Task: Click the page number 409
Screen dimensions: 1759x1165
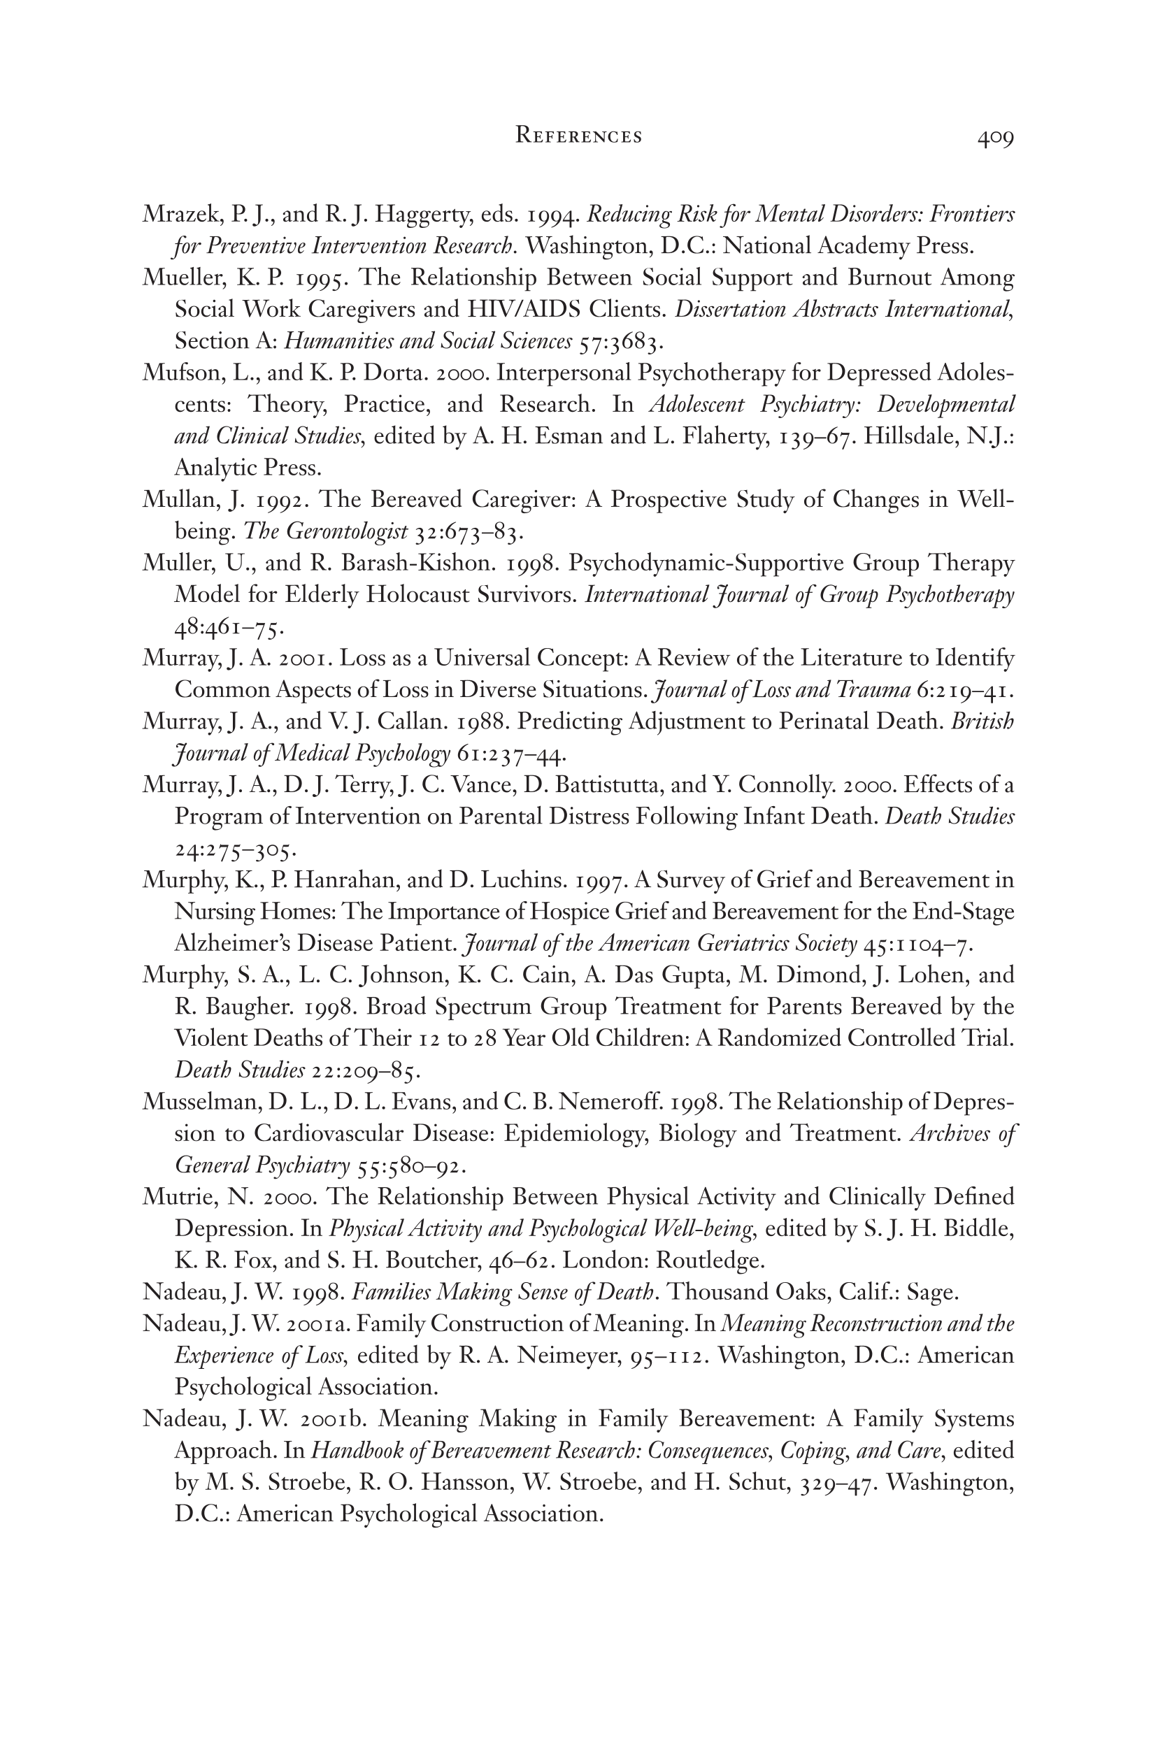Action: pos(995,138)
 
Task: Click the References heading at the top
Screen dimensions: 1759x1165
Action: pos(579,136)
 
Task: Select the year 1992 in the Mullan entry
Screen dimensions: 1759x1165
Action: pos(283,500)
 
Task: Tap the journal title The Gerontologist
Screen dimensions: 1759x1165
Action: pos(325,531)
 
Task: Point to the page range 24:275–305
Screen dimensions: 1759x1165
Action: pos(236,848)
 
